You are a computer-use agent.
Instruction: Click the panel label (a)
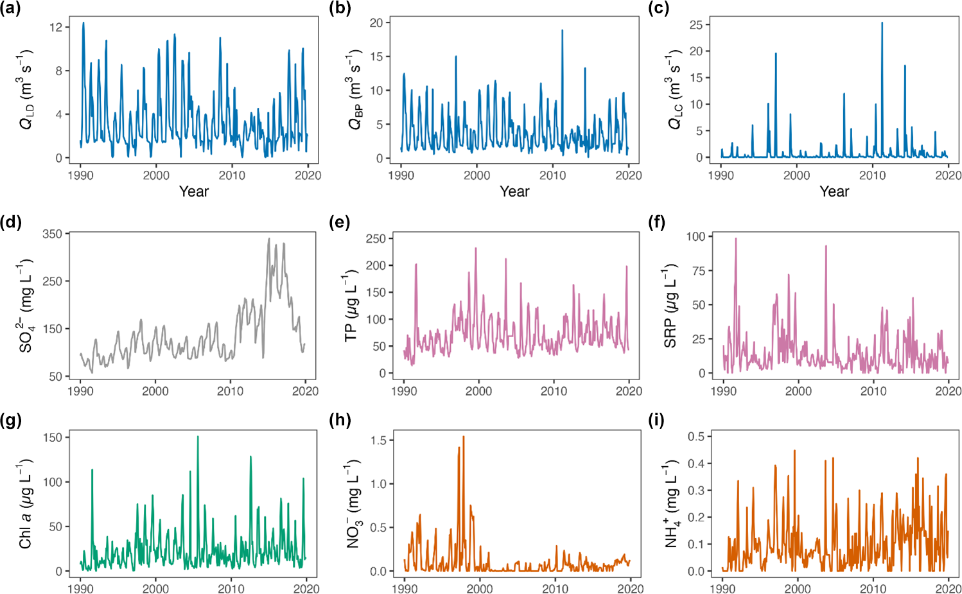point(12,8)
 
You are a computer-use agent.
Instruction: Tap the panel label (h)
point(340,421)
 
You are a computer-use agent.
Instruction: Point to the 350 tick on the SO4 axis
point(52,234)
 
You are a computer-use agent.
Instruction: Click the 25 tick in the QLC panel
point(695,24)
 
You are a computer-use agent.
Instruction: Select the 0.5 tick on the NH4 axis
point(695,437)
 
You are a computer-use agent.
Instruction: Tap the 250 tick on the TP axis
point(375,238)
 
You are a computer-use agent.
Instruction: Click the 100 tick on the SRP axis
point(695,236)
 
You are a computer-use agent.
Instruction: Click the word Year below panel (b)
point(514,191)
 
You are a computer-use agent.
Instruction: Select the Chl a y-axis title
point(26,504)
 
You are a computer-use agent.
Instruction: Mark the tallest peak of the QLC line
point(882,23)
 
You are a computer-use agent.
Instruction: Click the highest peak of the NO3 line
point(463,437)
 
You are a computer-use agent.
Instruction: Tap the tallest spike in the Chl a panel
point(197,437)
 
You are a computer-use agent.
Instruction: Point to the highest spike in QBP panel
point(562,30)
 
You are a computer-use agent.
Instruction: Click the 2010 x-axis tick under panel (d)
point(230,390)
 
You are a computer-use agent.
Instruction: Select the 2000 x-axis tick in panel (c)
point(796,175)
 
